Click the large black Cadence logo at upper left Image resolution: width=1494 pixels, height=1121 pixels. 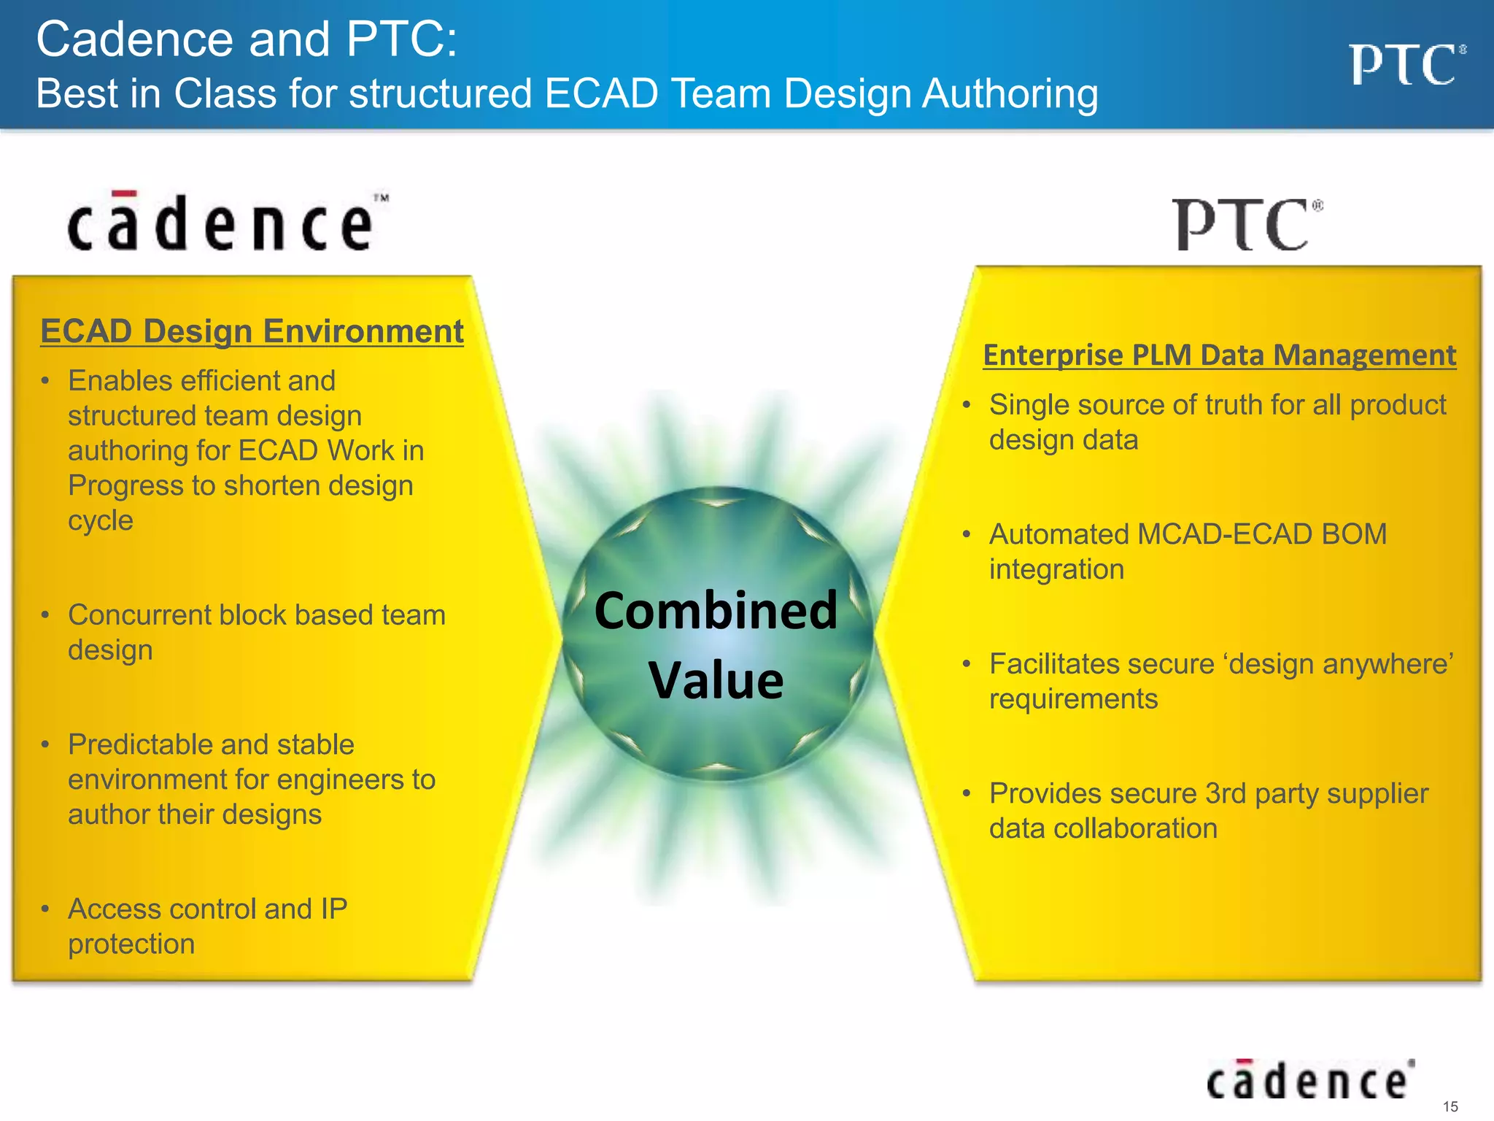click(226, 223)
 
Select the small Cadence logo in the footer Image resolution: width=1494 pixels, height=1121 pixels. click(1309, 1081)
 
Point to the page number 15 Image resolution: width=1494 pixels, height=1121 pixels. click(1450, 1106)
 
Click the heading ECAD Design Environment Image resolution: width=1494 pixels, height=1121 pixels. click(252, 331)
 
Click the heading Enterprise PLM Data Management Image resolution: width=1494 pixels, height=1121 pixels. click(1219, 355)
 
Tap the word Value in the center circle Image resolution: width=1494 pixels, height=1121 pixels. click(716, 680)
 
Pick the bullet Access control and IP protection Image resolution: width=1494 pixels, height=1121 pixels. click(207, 925)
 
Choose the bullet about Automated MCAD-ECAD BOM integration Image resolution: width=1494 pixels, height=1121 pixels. click(1187, 551)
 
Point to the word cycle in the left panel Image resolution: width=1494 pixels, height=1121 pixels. click(101, 520)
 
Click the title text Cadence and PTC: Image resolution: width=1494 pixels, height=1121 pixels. click(247, 39)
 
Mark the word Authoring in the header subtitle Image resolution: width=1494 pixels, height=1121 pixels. click(1010, 95)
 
